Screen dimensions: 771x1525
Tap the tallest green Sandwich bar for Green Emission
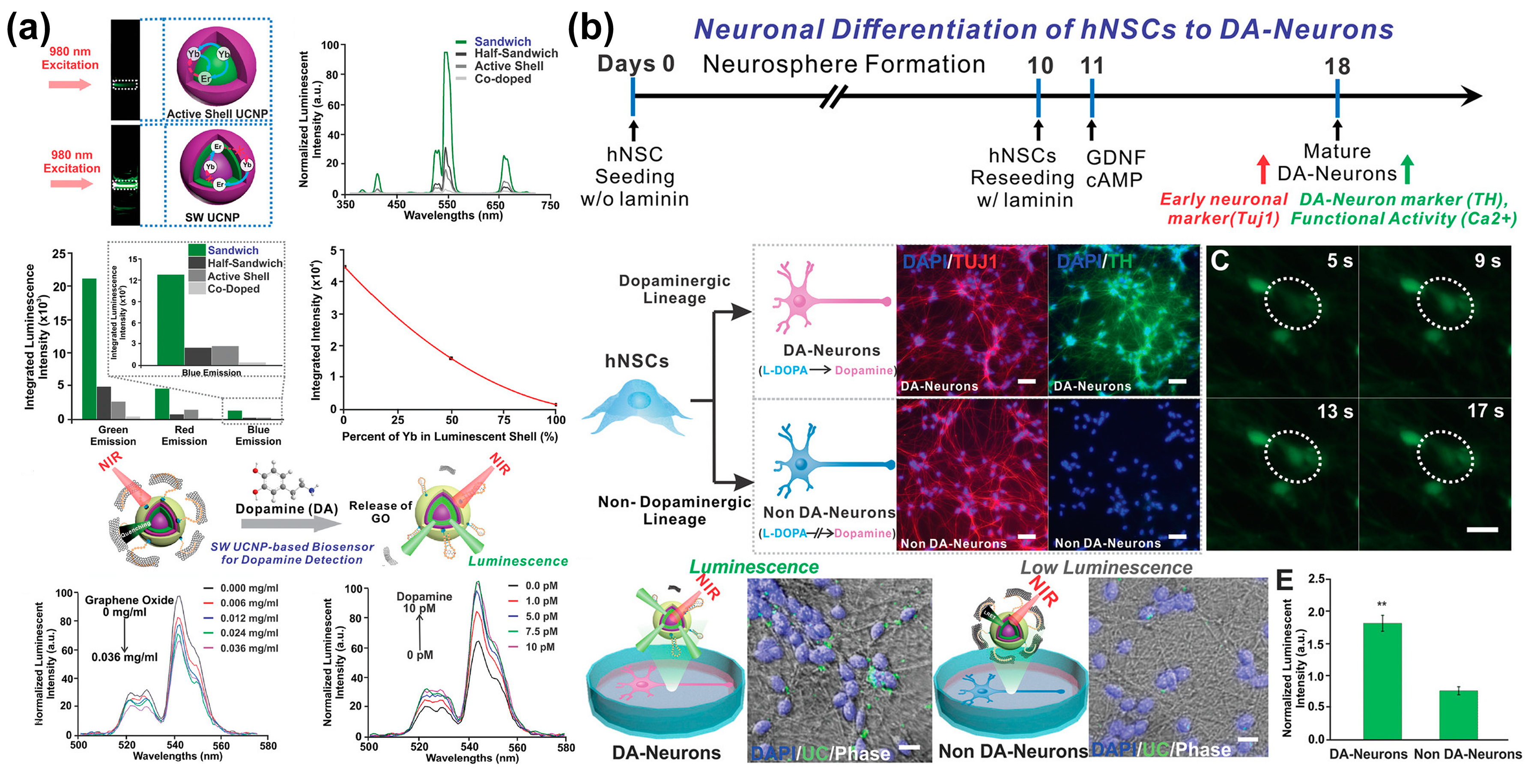pos(89,349)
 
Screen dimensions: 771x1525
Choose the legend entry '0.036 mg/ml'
pos(249,649)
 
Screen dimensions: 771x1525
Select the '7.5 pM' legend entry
pos(541,631)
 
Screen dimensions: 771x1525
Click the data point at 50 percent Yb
pos(451,358)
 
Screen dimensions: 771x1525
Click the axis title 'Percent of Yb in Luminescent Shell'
pos(450,437)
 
